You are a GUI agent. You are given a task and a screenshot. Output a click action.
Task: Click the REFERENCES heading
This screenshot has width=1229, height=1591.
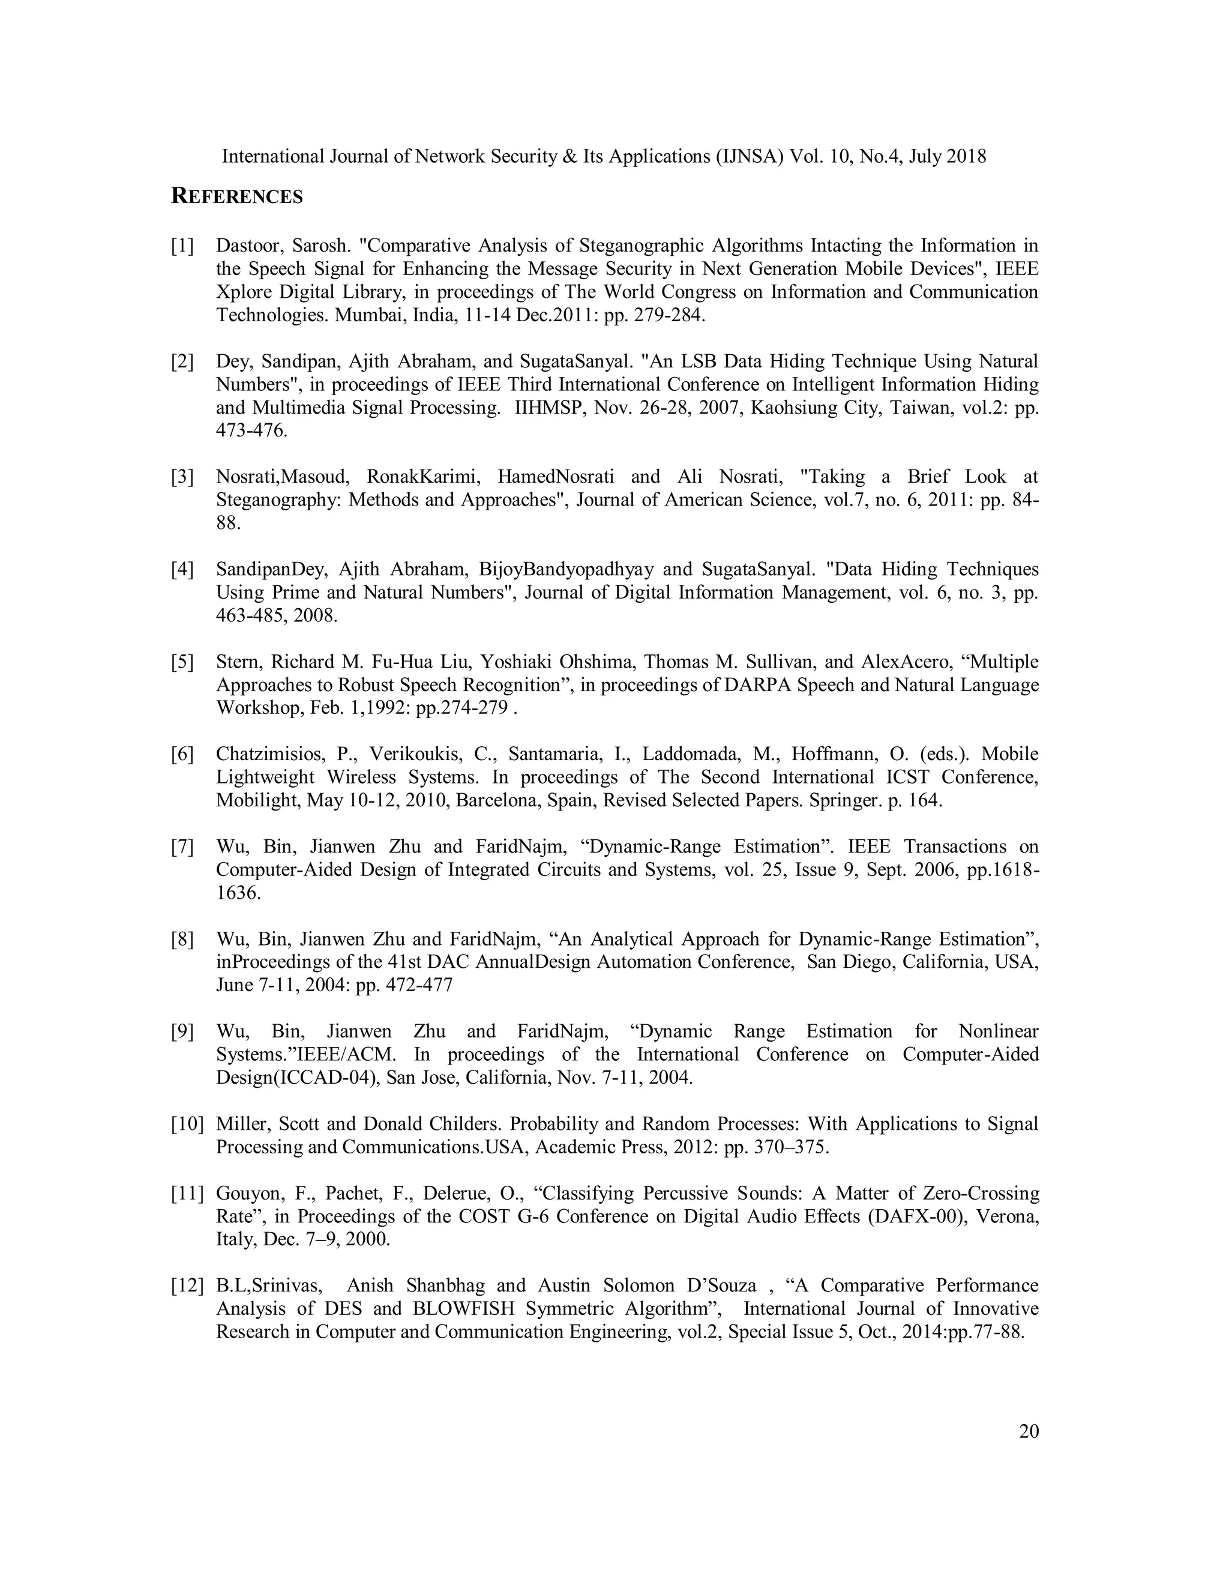point(236,197)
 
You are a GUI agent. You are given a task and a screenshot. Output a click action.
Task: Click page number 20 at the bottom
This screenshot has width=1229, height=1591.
point(1029,1431)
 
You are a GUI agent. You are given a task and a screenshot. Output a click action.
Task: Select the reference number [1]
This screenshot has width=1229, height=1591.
point(183,246)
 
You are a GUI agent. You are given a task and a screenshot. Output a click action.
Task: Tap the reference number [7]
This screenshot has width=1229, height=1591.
point(183,847)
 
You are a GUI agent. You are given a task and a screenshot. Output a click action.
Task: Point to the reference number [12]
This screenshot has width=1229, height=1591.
point(187,1286)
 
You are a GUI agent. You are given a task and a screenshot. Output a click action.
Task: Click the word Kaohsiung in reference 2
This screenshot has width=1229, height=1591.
point(795,408)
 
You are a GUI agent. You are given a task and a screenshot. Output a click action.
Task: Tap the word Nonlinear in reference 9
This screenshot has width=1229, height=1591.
point(998,1031)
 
